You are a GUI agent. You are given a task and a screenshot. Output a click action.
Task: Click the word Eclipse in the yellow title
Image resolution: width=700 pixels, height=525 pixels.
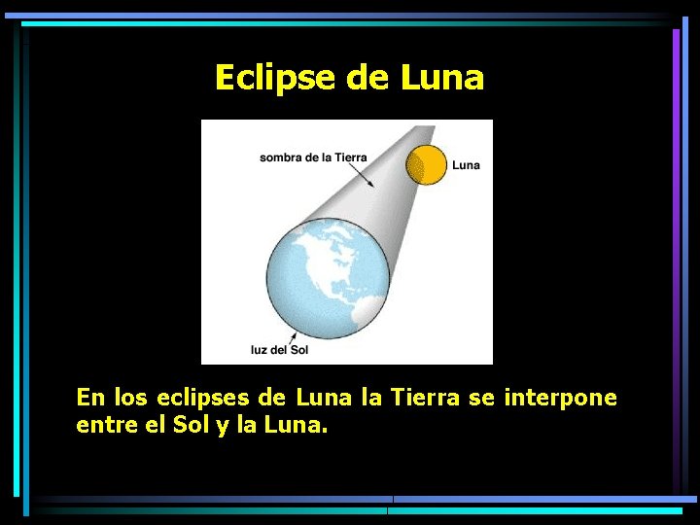275,77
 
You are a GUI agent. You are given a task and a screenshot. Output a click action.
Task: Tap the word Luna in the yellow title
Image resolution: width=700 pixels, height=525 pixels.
441,77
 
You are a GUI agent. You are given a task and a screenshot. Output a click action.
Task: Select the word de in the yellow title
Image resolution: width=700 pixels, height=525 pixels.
367,77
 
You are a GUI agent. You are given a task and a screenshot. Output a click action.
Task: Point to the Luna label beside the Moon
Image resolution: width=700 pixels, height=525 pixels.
466,165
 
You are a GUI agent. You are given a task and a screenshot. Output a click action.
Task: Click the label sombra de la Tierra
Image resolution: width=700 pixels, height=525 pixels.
312,157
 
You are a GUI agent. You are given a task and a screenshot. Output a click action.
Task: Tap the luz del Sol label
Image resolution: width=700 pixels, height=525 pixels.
279,349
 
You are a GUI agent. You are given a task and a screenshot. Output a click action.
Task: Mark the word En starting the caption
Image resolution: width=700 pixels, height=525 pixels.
90,398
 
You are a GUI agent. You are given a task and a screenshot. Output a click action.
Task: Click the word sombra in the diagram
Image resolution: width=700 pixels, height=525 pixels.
282,157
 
